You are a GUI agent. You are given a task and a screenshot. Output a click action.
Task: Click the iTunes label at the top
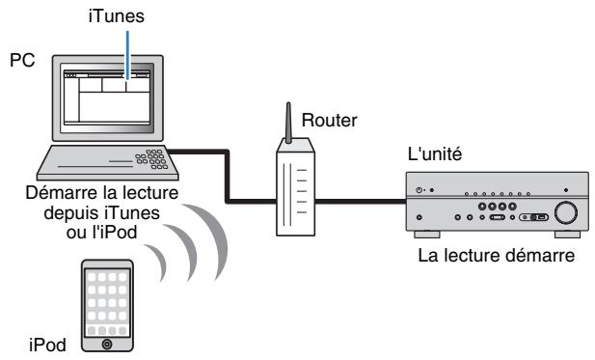click(x=127, y=16)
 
